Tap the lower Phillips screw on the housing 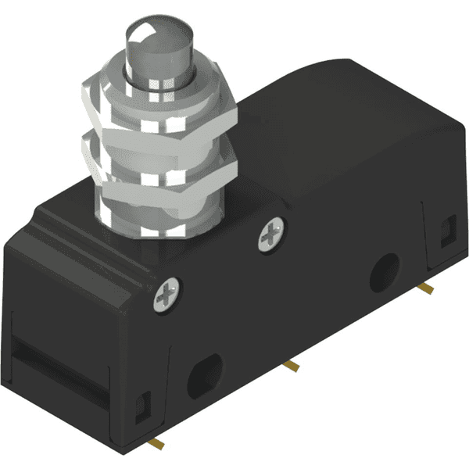tap(168, 295)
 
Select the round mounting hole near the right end tap(384, 271)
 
